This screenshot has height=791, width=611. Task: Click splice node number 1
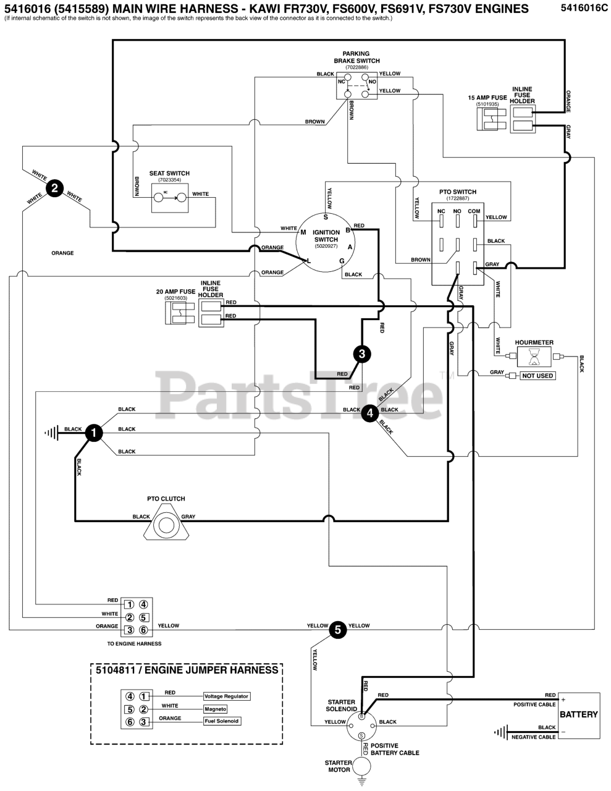click(x=94, y=433)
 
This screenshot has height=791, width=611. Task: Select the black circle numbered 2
click(x=54, y=188)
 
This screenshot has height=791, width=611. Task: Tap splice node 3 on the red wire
click(x=362, y=354)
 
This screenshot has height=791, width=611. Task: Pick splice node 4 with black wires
click(x=370, y=413)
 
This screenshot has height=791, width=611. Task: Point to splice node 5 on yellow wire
click(x=338, y=630)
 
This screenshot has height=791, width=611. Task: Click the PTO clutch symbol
click(x=166, y=524)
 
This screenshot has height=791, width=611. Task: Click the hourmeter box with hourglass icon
click(x=534, y=357)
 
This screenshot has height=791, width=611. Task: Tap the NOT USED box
click(x=537, y=376)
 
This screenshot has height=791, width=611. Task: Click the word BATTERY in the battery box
click(x=579, y=714)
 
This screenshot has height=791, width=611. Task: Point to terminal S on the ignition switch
click(x=326, y=218)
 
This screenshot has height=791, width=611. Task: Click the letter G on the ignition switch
click(x=342, y=261)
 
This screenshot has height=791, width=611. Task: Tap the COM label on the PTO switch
click(x=474, y=211)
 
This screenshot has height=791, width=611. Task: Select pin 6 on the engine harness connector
click(x=143, y=630)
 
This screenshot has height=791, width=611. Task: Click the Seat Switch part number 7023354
click(x=169, y=180)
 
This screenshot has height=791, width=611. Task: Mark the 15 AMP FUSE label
click(x=487, y=98)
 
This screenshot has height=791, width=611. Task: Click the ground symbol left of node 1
click(x=52, y=433)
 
